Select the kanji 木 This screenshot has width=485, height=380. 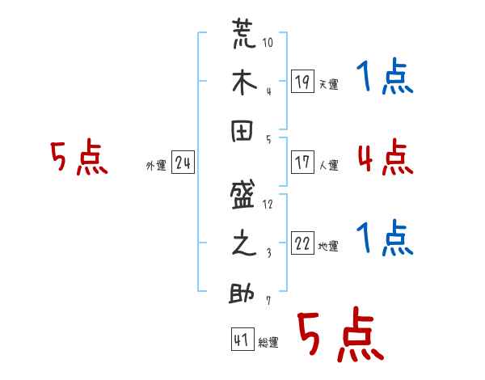(x=242, y=84)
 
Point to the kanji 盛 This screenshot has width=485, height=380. (x=242, y=195)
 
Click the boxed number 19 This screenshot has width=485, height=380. (x=302, y=81)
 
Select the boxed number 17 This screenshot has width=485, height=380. (x=302, y=163)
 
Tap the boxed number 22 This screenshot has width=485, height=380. (x=302, y=243)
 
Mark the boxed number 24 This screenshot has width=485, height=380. (x=183, y=164)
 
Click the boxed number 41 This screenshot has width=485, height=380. (x=242, y=340)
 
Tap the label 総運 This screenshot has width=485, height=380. (x=268, y=343)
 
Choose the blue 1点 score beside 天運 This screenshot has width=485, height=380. (x=385, y=78)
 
